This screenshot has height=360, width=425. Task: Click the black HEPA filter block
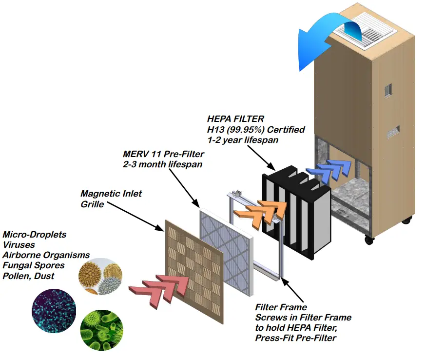tap(297, 210)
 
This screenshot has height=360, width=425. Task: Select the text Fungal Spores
tap(33, 265)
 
